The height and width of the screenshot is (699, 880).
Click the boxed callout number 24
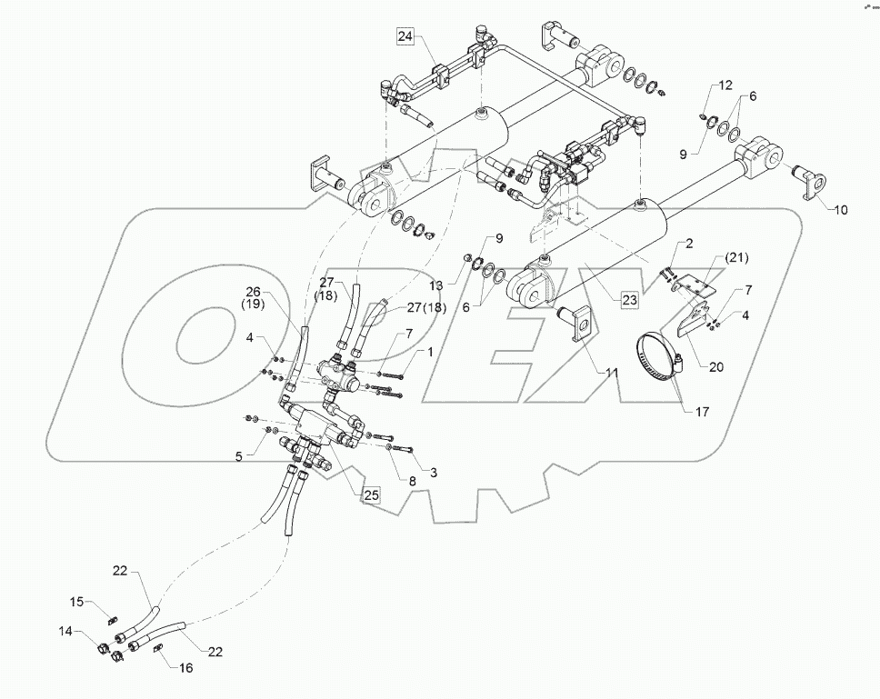coord(405,37)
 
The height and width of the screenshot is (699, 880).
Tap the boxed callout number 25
coord(371,495)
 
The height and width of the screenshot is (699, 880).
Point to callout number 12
coord(725,85)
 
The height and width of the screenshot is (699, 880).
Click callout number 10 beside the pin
coord(840,210)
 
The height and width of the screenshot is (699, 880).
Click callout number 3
coord(434,473)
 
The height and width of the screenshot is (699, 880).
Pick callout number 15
coord(77,602)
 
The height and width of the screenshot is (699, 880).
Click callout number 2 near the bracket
coord(690,243)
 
